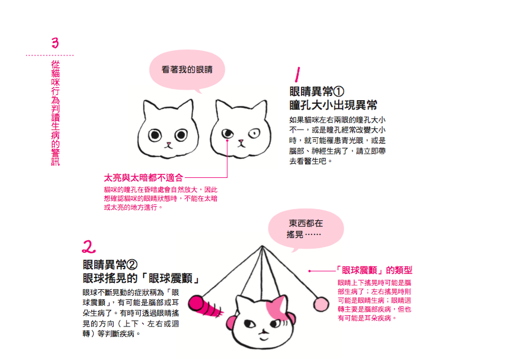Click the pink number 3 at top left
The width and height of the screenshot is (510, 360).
pyautogui.click(x=55, y=42)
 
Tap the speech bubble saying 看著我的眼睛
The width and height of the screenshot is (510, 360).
pyautogui.click(x=187, y=70)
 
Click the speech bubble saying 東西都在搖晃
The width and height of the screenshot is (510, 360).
pyautogui.click(x=306, y=229)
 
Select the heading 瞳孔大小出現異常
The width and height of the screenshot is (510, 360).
pyautogui.click(x=333, y=105)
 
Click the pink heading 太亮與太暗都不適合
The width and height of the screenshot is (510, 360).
pyautogui.click(x=144, y=178)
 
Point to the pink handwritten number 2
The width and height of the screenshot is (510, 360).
pyautogui.click(x=88, y=247)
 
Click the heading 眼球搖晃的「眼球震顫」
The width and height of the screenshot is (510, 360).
pyautogui.click(x=141, y=278)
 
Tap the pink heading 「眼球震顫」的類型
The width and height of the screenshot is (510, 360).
pyautogui.click(x=374, y=270)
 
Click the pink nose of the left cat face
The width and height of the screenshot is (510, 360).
pyautogui.click(x=168, y=143)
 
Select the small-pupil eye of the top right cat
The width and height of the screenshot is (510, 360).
pyautogui.click(x=254, y=133)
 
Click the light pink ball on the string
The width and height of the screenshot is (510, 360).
pyautogui.click(x=321, y=305)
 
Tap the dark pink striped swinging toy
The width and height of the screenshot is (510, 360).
pyautogui.click(x=203, y=306)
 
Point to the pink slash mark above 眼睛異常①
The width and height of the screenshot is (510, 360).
pyautogui.click(x=297, y=75)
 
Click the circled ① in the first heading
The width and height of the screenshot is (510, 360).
pyautogui.click(x=339, y=92)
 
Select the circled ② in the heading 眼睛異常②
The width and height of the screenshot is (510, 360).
pyautogui.click(x=132, y=265)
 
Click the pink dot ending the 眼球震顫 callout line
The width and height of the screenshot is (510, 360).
pyautogui.click(x=310, y=271)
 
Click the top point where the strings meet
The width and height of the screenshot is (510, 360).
pyautogui.click(x=262, y=246)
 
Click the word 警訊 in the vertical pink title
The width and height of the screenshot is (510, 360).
pyautogui.click(x=55, y=157)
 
